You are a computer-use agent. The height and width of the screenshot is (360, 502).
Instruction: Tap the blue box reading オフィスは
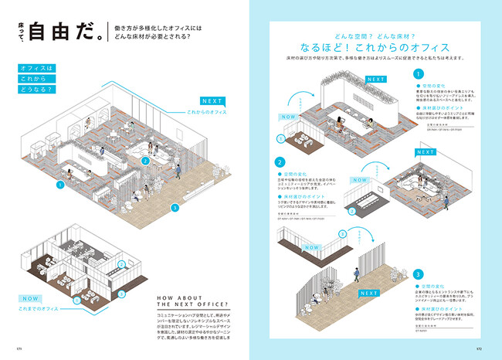(37, 68)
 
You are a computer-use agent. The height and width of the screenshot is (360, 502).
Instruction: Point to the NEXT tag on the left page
(211, 101)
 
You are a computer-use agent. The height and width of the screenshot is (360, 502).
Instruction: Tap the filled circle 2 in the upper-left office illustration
(144, 161)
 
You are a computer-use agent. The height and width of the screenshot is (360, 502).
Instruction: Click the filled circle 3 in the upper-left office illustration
(175, 207)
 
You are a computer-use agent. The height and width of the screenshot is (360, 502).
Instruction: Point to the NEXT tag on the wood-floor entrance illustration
(368, 293)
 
